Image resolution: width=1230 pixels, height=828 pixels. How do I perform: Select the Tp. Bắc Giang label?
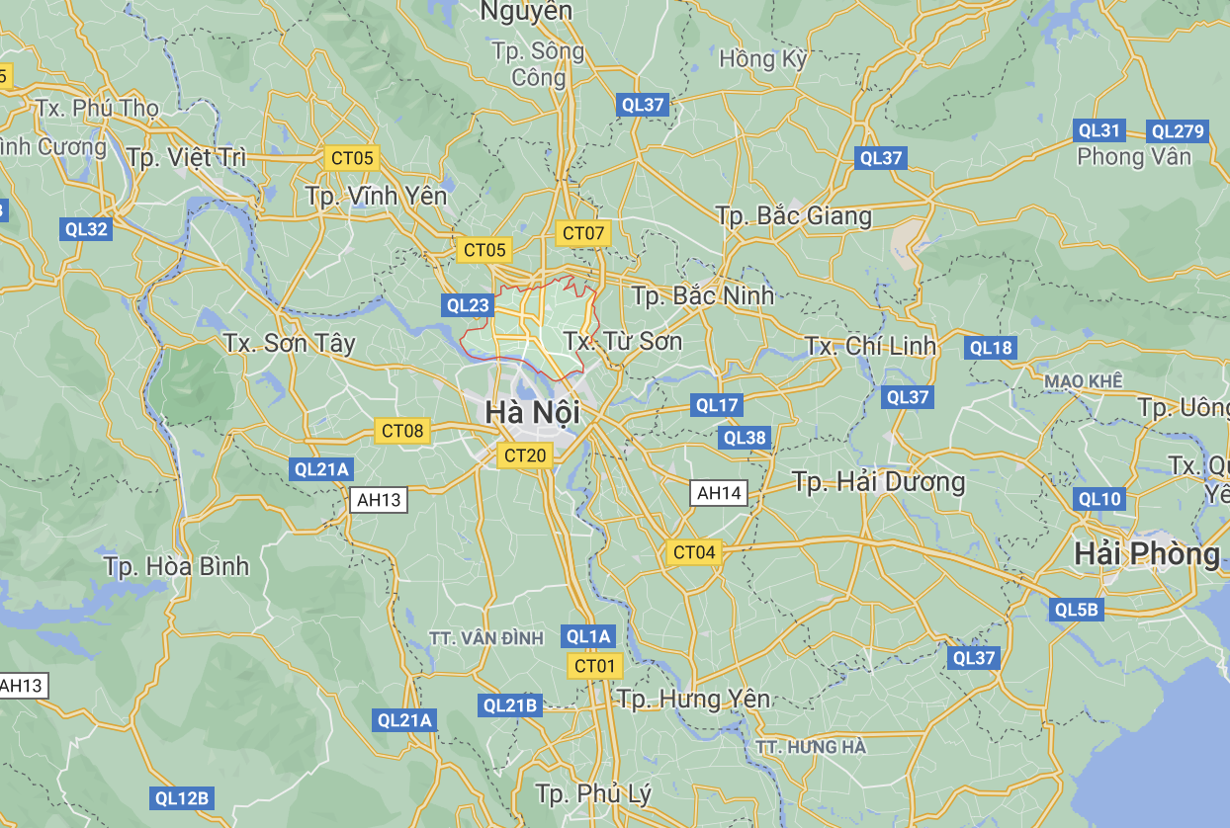click(x=794, y=215)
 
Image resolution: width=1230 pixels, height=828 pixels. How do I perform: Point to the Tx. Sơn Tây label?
click(x=289, y=344)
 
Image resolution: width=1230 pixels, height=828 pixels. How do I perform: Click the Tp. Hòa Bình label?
click(x=177, y=567)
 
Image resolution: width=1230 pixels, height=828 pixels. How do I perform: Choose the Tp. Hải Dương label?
click(x=878, y=482)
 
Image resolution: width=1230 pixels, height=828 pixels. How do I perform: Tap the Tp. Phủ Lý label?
click(x=593, y=793)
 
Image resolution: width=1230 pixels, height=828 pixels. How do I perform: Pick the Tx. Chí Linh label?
click(x=870, y=346)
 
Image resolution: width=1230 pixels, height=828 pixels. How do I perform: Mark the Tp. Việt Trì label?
click(x=186, y=157)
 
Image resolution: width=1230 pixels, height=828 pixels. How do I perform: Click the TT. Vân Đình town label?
click(x=486, y=638)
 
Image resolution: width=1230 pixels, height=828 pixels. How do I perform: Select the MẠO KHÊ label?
click(x=1084, y=380)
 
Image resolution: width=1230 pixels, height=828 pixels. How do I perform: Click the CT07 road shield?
click(x=583, y=234)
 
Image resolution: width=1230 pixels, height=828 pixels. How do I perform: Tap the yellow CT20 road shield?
click(x=525, y=455)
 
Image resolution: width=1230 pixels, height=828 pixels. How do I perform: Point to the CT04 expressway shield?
click(x=693, y=552)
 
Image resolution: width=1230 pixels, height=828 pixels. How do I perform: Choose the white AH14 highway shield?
click(x=719, y=493)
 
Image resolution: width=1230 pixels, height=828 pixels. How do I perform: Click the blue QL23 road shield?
click(x=468, y=305)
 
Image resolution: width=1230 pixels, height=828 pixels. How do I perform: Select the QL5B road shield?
click(x=1077, y=610)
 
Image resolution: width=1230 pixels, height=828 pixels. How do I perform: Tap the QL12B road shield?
click(x=182, y=798)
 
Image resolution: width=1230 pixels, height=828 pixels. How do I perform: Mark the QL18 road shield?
click(x=991, y=348)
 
